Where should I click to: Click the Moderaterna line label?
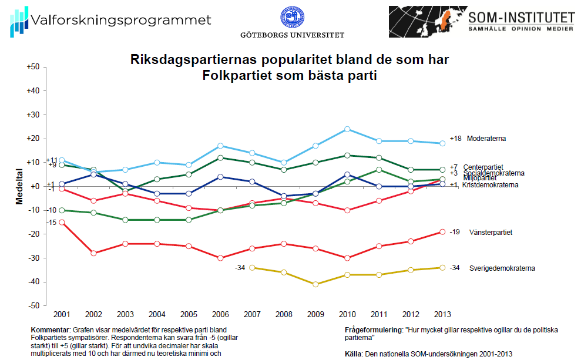click(x=486, y=139)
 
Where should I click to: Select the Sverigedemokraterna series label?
click(x=502, y=268)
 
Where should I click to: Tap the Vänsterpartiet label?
click(x=491, y=233)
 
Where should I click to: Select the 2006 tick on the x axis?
click(x=220, y=314)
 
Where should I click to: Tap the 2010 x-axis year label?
click(x=347, y=314)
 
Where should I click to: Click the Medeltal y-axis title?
click(x=19, y=187)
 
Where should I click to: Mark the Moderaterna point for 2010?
click(x=347, y=129)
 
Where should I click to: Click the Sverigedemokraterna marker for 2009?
click(x=315, y=284)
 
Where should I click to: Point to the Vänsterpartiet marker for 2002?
click(x=93, y=253)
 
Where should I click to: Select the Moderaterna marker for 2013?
click(x=442, y=143)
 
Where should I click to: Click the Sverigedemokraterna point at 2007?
click(x=251, y=268)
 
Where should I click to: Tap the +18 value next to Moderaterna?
click(x=456, y=139)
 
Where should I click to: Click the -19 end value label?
click(x=455, y=233)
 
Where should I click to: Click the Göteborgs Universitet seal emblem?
click(x=292, y=18)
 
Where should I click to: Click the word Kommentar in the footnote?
click(x=49, y=331)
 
